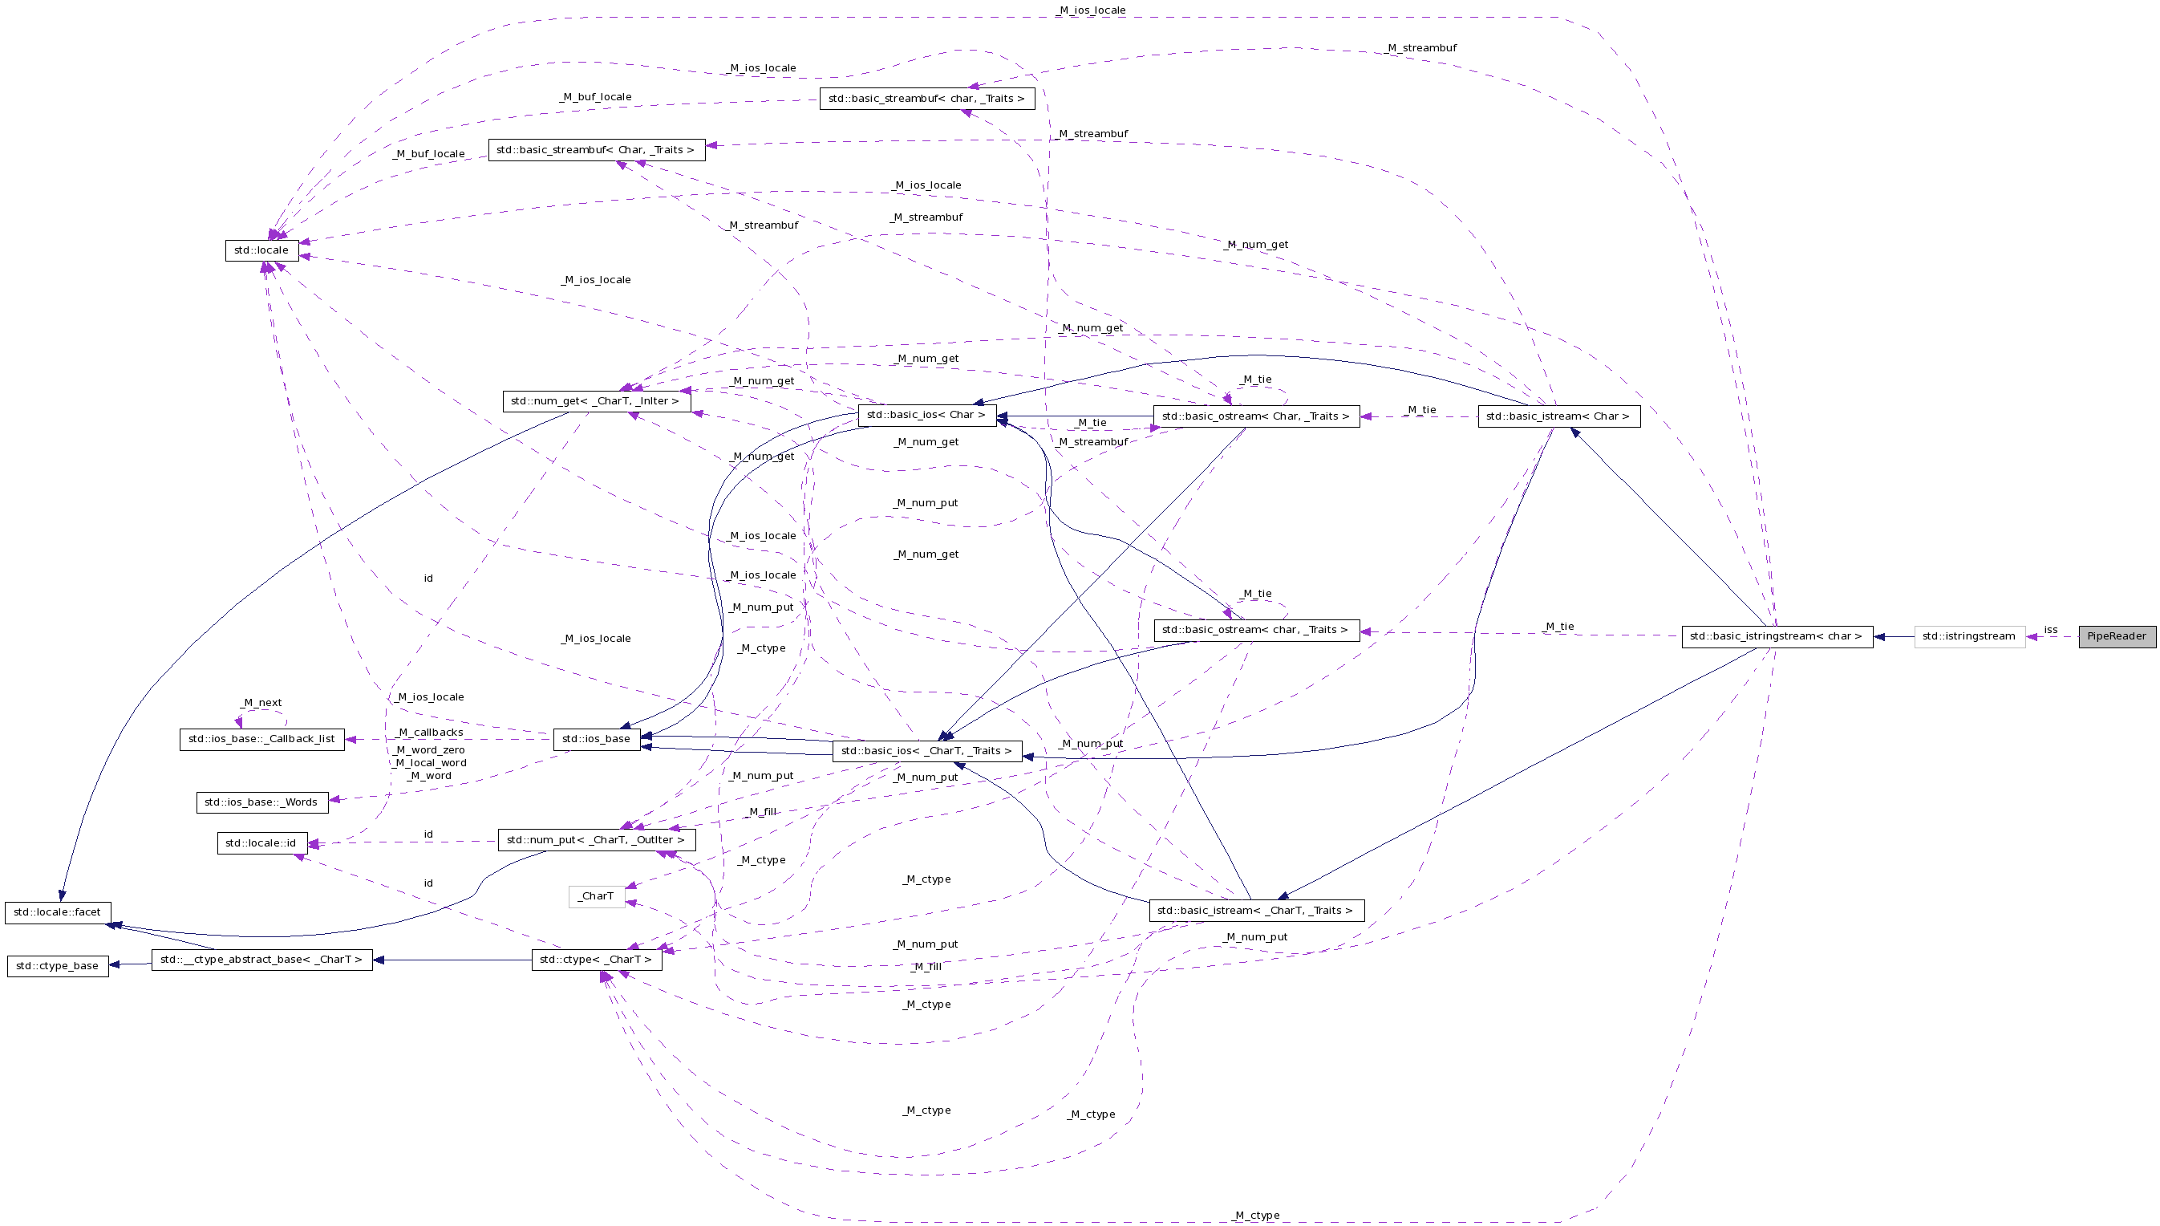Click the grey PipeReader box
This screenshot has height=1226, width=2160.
pos(2116,636)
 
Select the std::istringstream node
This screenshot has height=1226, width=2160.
pos(1969,636)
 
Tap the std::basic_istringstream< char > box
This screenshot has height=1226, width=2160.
pos(1776,636)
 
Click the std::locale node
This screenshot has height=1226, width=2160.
pos(261,250)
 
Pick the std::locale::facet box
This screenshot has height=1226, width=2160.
pos(57,912)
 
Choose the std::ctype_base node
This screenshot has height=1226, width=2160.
pos(57,966)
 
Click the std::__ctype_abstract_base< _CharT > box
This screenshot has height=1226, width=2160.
pos(261,959)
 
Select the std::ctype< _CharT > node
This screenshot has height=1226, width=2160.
pos(596,959)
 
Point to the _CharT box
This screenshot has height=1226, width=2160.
pos(596,896)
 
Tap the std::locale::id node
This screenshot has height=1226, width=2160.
pos(261,842)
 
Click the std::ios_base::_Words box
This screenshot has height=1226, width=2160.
pos(261,802)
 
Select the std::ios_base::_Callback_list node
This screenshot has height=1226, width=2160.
pos(261,739)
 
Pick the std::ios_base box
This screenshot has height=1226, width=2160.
pos(596,739)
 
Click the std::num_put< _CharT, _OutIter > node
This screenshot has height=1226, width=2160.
pos(596,839)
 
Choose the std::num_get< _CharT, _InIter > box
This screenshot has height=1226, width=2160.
pos(596,401)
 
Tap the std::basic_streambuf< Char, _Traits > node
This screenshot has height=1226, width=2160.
pos(596,150)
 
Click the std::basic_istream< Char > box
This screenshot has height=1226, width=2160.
pos(1558,416)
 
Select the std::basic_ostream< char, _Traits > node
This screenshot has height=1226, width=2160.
pos(1255,630)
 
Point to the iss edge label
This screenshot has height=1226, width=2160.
pos(2051,630)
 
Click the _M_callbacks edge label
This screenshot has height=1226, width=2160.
pos(430,733)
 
